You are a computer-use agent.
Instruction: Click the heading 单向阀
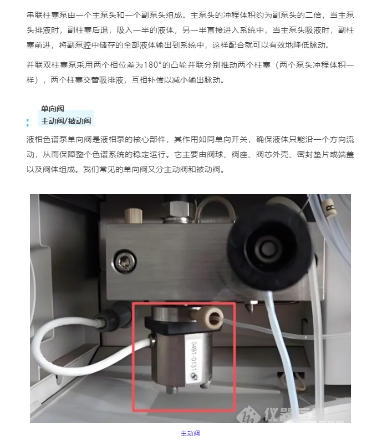pos(52,109)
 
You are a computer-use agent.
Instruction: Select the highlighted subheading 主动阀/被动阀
pos(66,121)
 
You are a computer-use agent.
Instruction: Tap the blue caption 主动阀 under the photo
pos(190,433)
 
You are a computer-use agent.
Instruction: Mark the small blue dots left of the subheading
pos(28,122)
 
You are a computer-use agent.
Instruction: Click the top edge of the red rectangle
pos(184,303)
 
